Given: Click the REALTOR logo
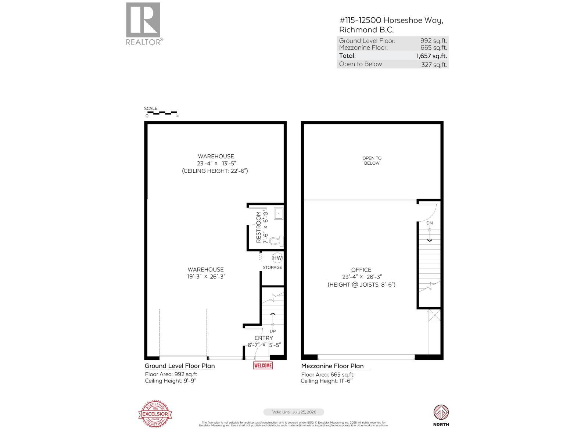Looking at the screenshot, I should (143, 24).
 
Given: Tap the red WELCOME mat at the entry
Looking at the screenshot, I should (263, 365).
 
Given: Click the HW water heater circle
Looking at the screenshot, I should (277, 258).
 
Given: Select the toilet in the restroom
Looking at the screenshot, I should (276, 241).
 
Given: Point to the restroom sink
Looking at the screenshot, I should (279, 213).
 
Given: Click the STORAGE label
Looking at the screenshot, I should (272, 267).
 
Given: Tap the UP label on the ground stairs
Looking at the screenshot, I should (273, 331).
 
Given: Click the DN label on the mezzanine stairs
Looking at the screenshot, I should (430, 223).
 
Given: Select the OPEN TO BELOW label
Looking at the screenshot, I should (372, 161).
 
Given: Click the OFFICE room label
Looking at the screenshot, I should (361, 270).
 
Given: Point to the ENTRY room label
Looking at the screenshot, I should (263, 338).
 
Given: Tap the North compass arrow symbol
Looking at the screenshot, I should (441, 412).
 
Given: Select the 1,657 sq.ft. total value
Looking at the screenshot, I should (431, 56).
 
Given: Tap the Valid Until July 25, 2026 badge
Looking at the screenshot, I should (294, 412).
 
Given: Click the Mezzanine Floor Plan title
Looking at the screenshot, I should (332, 366).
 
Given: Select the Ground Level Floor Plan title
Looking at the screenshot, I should (180, 366).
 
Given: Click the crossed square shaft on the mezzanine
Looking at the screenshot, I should (434, 316).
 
